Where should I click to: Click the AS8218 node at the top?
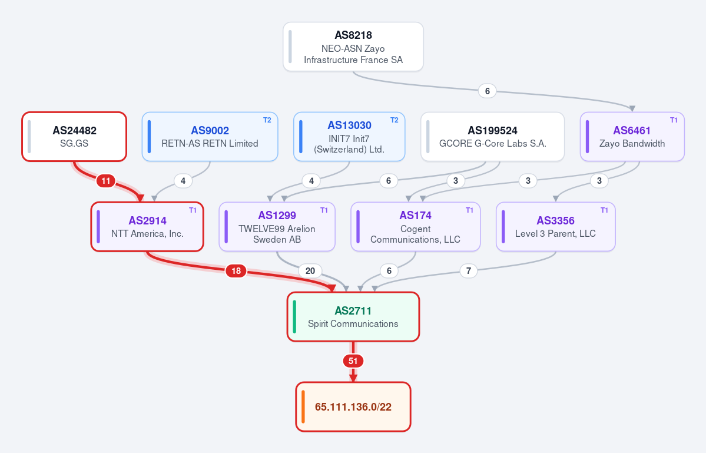353,47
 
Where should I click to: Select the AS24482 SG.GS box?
74,137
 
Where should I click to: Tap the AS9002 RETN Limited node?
210,137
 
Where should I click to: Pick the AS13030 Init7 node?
349,137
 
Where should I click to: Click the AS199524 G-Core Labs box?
492,137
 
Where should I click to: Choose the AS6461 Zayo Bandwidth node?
632,137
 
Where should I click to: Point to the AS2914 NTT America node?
147,226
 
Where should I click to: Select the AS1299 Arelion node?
277,226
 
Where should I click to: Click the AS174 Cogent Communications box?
416,226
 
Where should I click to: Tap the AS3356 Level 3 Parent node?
556,226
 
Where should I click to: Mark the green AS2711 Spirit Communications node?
353,316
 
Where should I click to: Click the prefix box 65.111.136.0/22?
353,406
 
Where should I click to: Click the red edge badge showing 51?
353,361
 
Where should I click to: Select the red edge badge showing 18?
236,270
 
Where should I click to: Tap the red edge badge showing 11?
106,181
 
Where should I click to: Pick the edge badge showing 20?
310,270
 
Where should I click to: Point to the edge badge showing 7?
469,270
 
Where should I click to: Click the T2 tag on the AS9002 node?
267,120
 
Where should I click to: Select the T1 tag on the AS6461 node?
674,120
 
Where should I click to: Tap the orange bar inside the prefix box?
303,406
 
